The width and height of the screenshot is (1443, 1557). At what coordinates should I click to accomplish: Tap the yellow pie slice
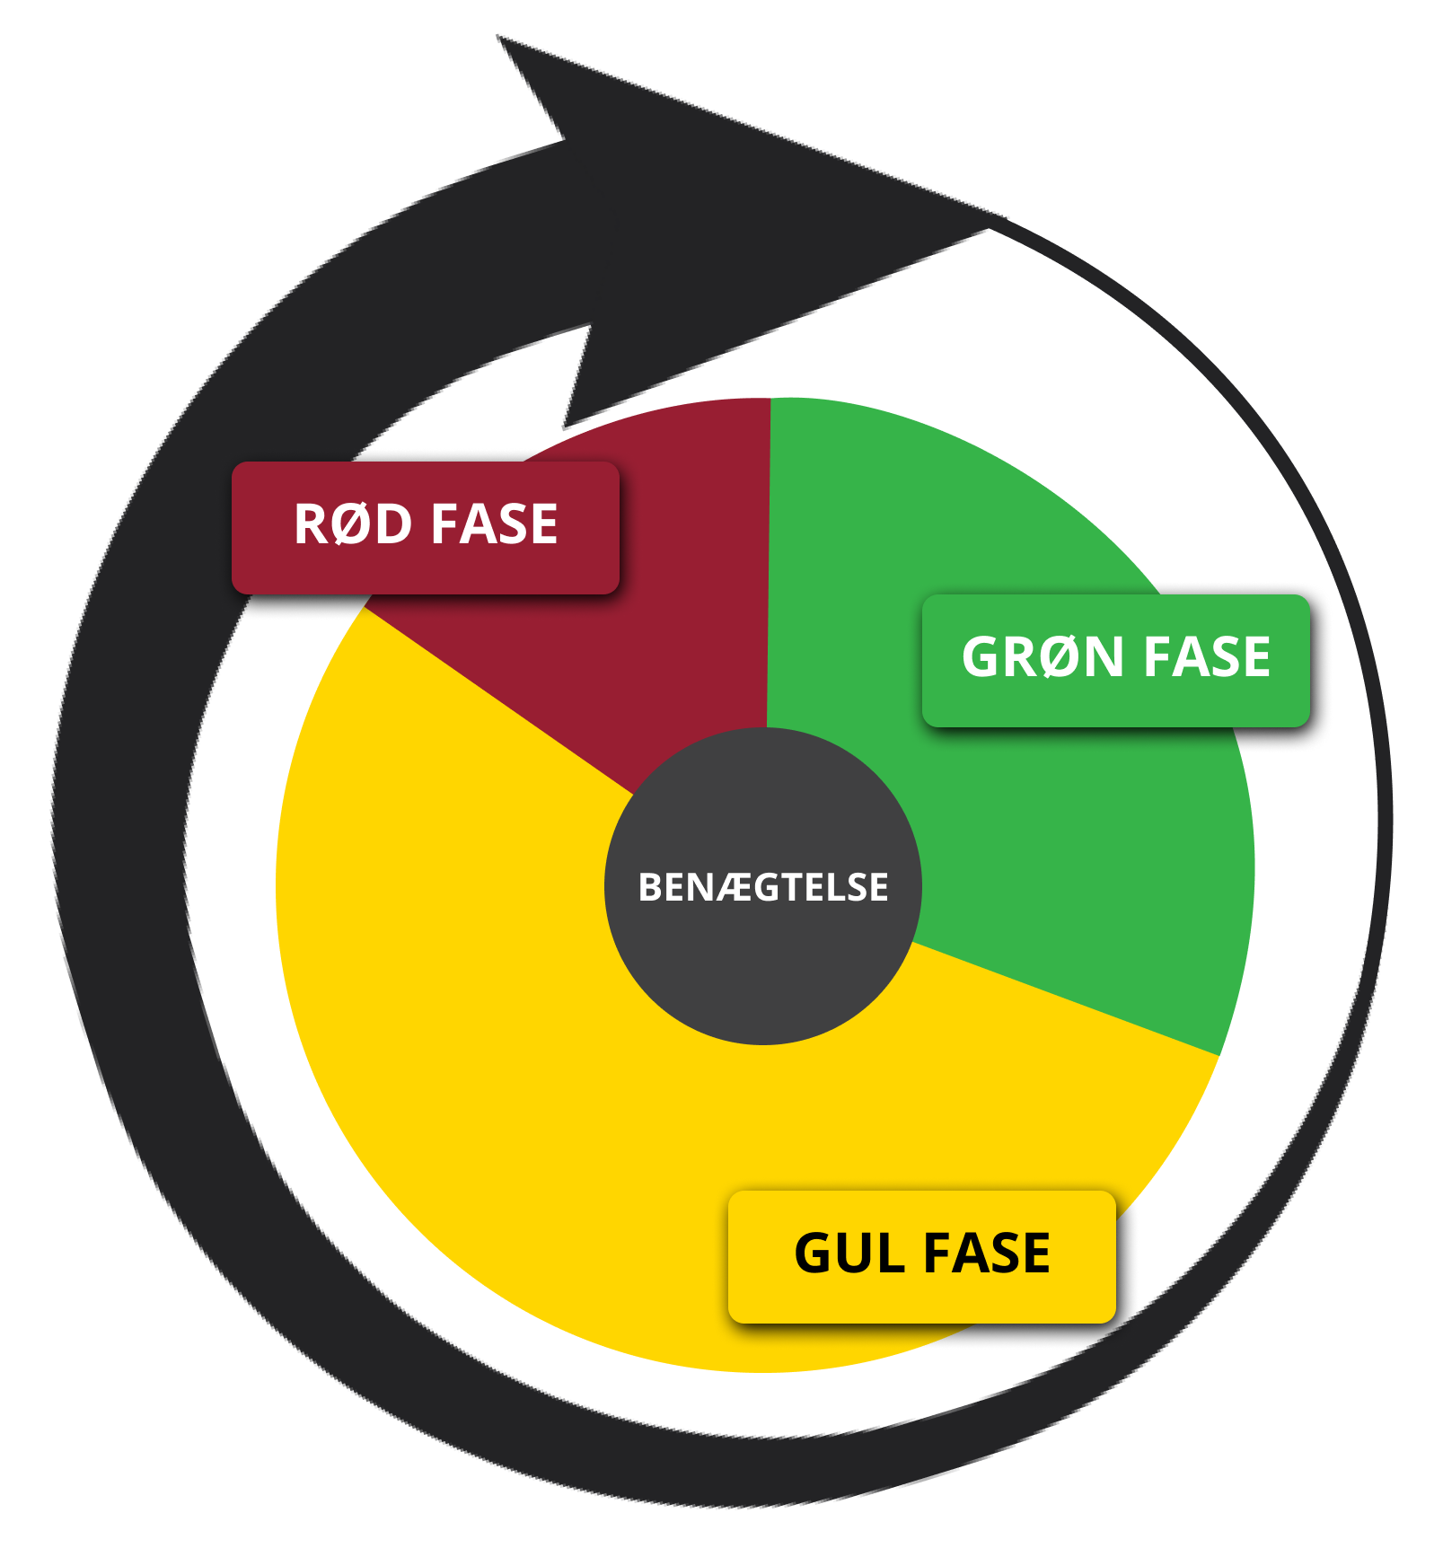[539, 1122]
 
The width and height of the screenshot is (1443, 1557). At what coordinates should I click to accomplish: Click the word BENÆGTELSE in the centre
[762, 887]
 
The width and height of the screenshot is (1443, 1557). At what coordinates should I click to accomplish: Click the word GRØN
[1043, 656]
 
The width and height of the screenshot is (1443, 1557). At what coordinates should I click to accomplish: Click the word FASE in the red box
[494, 523]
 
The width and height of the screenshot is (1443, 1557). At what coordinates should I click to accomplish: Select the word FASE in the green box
[1207, 656]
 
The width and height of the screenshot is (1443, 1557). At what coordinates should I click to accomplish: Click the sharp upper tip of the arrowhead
[499, 37]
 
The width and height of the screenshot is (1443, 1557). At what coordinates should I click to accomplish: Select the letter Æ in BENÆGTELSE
[735, 887]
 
